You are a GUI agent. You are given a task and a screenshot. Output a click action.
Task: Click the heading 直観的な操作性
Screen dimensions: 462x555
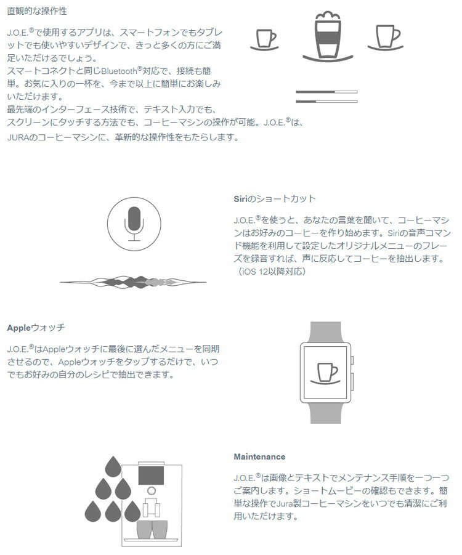(x=37, y=11)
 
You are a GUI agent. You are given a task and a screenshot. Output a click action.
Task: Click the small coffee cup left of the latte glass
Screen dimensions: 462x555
(x=265, y=39)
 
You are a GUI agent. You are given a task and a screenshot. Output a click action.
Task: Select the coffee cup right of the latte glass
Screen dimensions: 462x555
(x=386, y=37)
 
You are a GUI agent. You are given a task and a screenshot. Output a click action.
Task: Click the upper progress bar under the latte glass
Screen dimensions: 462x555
(x=326, y=92)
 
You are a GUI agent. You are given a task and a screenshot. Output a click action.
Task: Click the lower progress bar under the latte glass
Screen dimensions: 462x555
(x=326, y=102)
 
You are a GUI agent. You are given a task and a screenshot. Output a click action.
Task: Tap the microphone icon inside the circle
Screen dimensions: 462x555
(x=134, y=224)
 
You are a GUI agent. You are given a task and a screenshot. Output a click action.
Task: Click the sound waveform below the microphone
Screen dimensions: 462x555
(x=133, y=282)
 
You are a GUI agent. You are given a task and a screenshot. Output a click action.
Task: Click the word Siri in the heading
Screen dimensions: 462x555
(x=240, y=198)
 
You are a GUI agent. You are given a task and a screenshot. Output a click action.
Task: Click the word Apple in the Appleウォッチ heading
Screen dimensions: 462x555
(x=19, y=328)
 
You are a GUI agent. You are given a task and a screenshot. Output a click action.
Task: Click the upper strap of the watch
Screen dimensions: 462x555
(x=325, y=332)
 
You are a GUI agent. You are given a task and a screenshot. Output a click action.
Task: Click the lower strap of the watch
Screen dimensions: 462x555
(x=325, y=413)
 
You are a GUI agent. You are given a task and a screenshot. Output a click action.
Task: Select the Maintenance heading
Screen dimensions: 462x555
(x=259, y=456)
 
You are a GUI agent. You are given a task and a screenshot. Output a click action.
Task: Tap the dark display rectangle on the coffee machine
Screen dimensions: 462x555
(x=151, y=476)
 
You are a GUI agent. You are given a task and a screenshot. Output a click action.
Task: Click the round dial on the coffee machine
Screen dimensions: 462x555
(x=152, y=491)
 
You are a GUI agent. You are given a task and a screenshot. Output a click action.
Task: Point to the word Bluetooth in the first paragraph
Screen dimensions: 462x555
(x=119, y=71)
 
